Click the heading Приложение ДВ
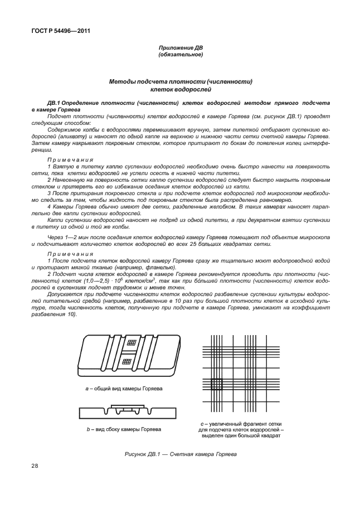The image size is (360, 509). click(x=180, y=49)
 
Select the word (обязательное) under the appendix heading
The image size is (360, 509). click(x=180, y=55)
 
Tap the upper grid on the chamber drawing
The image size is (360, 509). click(x=132, y=342)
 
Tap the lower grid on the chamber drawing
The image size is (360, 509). click(x=127, y=361)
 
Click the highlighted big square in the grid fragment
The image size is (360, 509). click(x=216, y=384)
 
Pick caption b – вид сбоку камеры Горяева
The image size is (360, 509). click(x=124, y=429)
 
